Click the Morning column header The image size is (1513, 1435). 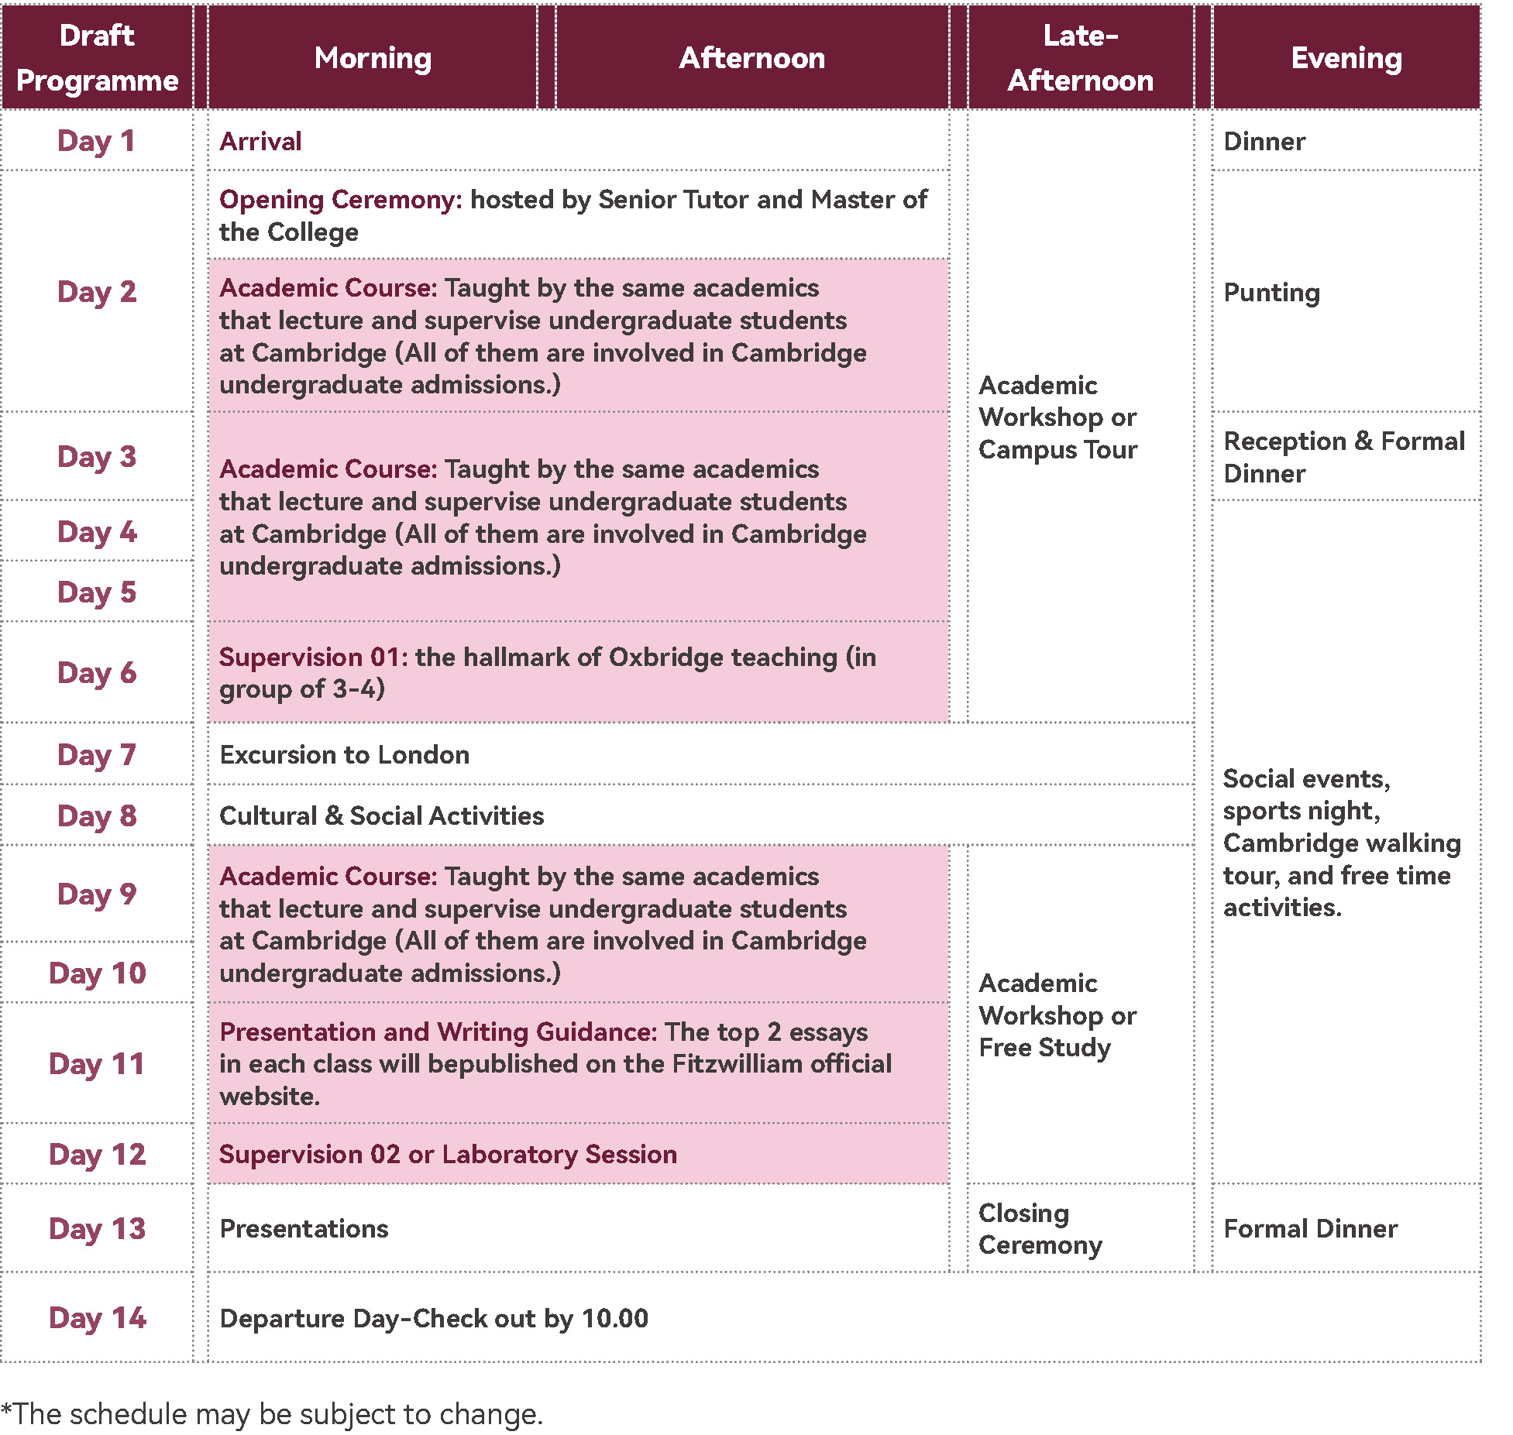(x=373, y=58)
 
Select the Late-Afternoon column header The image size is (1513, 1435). (x=1080, y=58)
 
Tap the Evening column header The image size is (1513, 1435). (x=1346, y=58)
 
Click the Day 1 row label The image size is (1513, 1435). (x=97, y=141)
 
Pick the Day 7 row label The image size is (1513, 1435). (x=97, y=755)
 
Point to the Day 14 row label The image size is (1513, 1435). (x=97, y=1318)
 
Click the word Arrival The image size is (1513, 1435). (x=260, y=141)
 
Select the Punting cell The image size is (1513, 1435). (x=1271, y=293)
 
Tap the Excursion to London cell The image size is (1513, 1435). (x=345, y=755)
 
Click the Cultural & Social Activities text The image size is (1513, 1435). (x=381, y=815)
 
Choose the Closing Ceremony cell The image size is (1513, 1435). (x=1039, y=1229)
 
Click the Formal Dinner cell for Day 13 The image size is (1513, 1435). (x=1310, y=1229)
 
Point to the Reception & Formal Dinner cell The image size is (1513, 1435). (x=1343, y=457)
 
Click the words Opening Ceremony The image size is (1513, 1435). (x=340, y=200)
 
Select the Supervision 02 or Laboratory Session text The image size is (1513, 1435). (x=448, y=1154)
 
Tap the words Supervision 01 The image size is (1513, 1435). (x=311, y=657)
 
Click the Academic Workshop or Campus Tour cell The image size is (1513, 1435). (x=1057, y=417)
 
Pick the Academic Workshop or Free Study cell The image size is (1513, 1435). (x=1057, y=1015)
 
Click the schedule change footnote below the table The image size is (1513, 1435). (x=272, y=1414)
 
